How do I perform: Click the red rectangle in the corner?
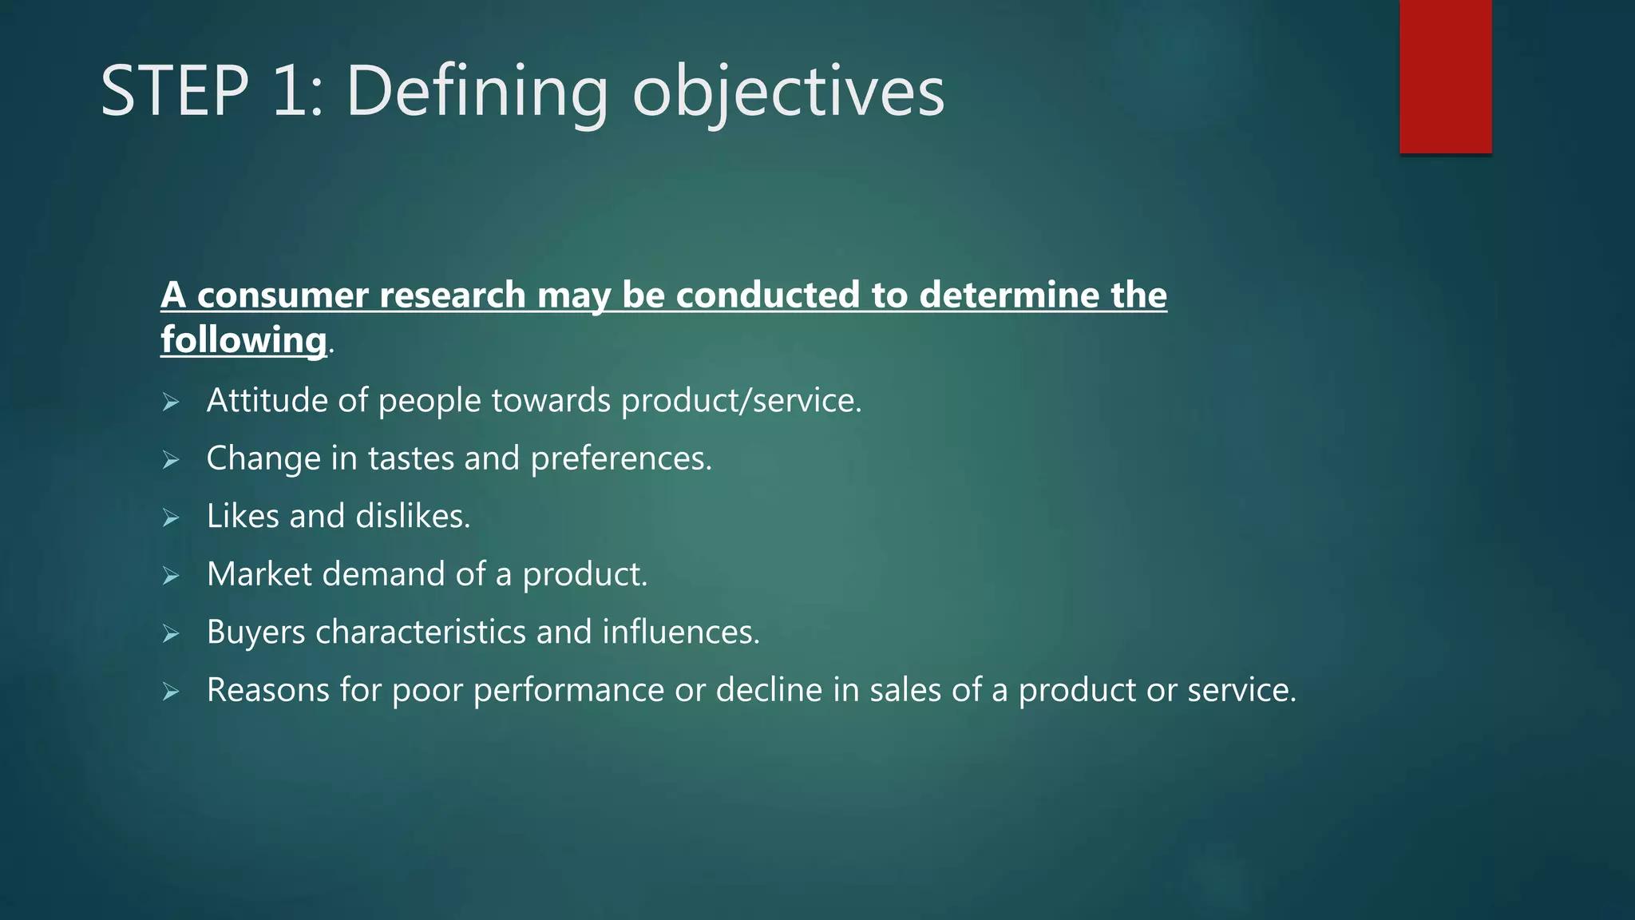click(1445, 77)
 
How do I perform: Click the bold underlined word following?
click(243, 340)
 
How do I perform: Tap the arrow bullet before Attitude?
click(171, 402)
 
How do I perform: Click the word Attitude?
click(267, 401)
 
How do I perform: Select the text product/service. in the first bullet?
click(741, 401)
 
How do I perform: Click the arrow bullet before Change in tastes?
click(171, 460)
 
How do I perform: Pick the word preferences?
click(620, 459)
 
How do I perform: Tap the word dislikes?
click(413, 517)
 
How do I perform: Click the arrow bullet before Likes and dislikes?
click(171, 518)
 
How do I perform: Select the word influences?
click(680, 632)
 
